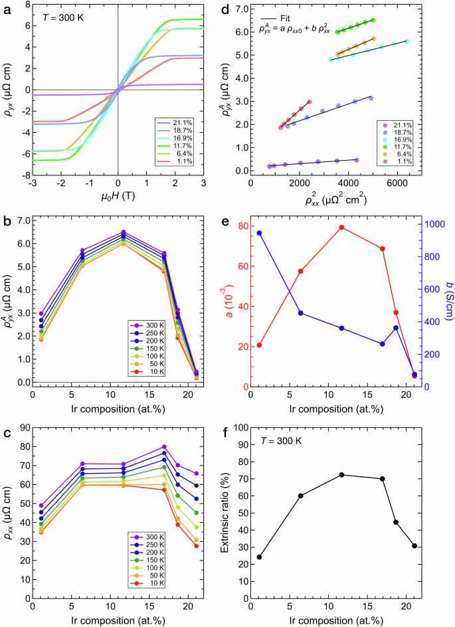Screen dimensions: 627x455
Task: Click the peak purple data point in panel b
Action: pyautogui.click(x=124, y=232)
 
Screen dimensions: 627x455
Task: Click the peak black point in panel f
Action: pyautogui.click(x=341, y=475)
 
